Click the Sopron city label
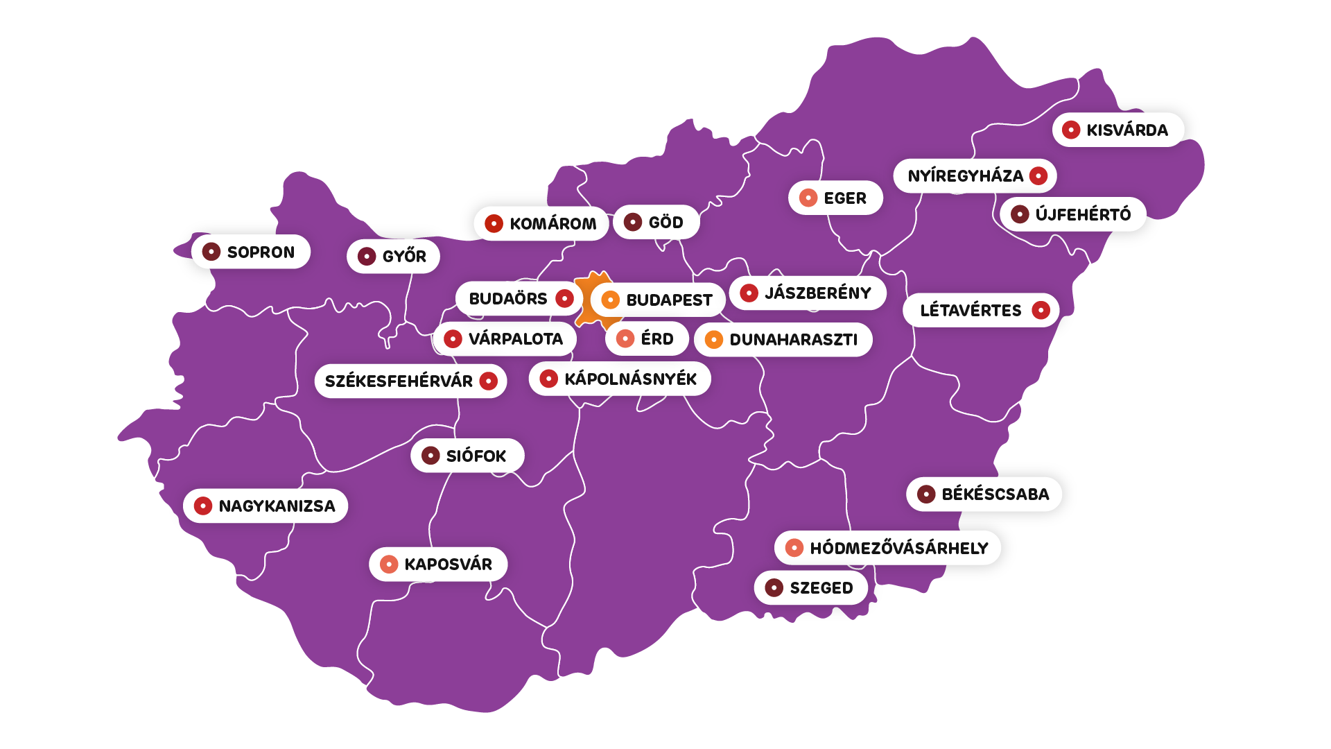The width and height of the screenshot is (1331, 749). click(x=260, y=252)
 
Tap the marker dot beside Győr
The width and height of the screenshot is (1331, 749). click(x=367, y=257)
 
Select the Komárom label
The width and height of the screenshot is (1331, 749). click(x=553, y=224)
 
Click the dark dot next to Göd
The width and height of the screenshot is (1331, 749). click(x=633, y=223)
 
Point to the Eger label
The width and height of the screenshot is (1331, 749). click(x=844, y=198)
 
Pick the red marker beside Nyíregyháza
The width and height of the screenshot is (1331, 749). click(x=1038, y=176)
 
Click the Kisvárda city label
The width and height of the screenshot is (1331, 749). click(x=1126, y=130)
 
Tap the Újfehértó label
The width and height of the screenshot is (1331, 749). click(x=1082, y=215)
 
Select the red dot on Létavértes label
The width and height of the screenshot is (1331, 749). click(x=1041, y=311)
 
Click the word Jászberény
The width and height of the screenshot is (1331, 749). click(x=818, y=293)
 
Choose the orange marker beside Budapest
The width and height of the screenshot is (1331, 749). click(x=611, y=300)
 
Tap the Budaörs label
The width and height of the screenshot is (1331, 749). click(x=508, y=299)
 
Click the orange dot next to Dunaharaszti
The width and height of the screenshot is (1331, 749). click(x=714, y=340)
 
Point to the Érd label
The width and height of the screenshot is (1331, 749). click(x=656, y=339)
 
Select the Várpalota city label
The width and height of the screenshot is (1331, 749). click(x=515, y=339)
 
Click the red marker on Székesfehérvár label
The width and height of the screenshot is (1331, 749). click(x=489, y=381)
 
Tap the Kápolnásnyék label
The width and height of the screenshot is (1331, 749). click(x=629, y=379)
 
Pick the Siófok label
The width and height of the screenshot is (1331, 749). click(x=476, y=456)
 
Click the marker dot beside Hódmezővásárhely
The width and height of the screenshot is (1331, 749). click(x=794, y=549)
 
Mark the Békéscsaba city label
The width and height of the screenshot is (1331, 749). click(x=995, y=494)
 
